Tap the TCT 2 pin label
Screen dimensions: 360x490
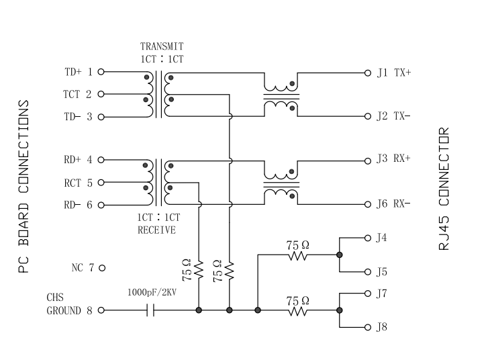point(78,94)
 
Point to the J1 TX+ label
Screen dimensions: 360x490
point(393,72)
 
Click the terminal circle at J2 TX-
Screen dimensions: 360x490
point(367,116)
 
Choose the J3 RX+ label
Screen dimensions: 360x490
point(393,160)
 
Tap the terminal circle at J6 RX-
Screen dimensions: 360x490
point(367,204)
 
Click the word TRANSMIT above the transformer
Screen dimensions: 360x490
point(161,47)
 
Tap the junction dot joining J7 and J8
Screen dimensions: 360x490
point(340,310)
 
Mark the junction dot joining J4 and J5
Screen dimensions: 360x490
point(340,255)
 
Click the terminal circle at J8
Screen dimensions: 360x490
point(367,328)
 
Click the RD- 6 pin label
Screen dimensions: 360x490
point(78,205)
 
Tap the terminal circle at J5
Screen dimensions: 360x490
point(367,272)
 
